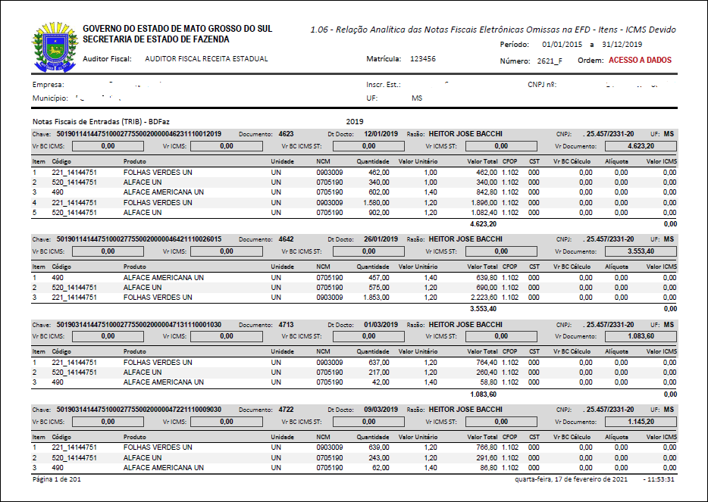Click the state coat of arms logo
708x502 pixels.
tap(54, 45)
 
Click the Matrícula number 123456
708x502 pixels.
tap(423, 58)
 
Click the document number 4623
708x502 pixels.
tap(286, 133)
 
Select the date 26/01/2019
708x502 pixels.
tap(381, 239)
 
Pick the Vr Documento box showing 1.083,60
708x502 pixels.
tap(641, 335)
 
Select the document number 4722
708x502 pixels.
tap(286, 410)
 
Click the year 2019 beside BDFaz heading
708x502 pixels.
tap(355, 121)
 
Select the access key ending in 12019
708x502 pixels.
tap(139, 133)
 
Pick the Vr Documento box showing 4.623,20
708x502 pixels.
tap(641, 145)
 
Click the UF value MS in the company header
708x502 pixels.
tap(417, 98)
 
